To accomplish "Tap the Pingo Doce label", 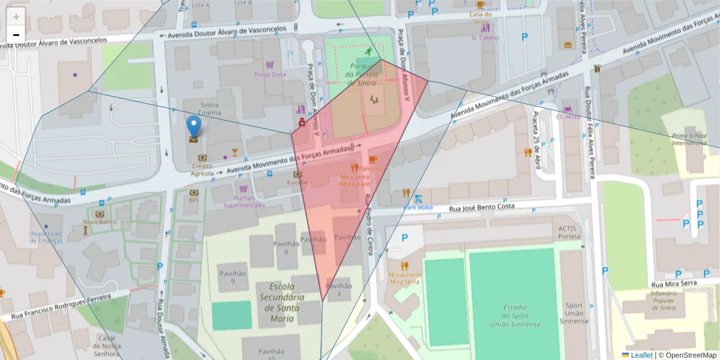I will pyautogui.click(x=270, y=74).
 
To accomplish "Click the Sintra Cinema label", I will pyautogui.click(x=209, y=109).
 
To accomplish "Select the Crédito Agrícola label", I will pyautogui.click(x=202, y=170).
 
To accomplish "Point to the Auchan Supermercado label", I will pyautogui.click(x=244, y=202).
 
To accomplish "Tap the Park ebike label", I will pyautogui.click(x=418, y=208).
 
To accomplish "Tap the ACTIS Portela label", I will pyautogui.click(x=570, y=232).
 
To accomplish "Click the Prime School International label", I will pyautogui.click(x=689, y=139).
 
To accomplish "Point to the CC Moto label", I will pyautogui.click(x=568, y=116).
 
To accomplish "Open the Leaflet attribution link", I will pyautogui.click(x=641, y=355).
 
